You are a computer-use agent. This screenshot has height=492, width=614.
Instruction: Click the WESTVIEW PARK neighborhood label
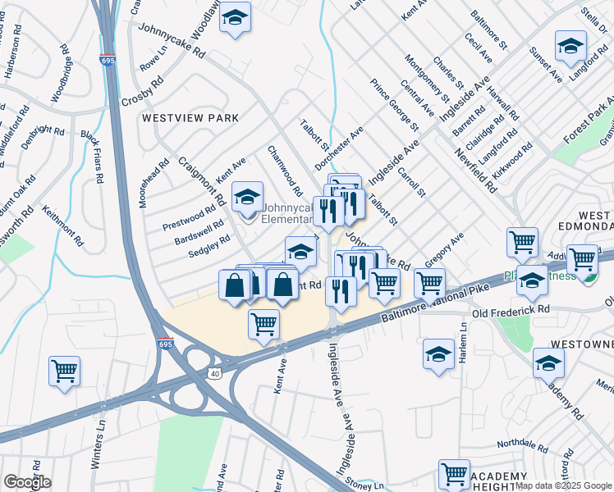pyautogui.click(x=190, y=118)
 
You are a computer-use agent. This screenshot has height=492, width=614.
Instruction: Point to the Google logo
pyautogui.click(x=26, y=482)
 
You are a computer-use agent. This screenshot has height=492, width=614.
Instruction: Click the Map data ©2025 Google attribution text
pyautogui.click(x=563, y=485)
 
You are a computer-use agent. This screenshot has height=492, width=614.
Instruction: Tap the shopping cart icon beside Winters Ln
pyautogui.click(x=64, y=371)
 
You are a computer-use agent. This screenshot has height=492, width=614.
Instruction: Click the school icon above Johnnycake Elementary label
pyautogui.click(x=246, y=197)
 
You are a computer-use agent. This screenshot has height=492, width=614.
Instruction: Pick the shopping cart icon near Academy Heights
pyautogui.click(x=454, y=473)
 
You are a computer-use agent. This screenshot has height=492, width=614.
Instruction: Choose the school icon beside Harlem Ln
pyautogui.click(x=438, y=355)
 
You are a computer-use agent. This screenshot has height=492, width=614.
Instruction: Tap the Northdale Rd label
pyautogui.click(x=522, y=446)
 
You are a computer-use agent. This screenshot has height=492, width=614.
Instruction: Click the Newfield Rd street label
pyautogui.click(x=478, y=169)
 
